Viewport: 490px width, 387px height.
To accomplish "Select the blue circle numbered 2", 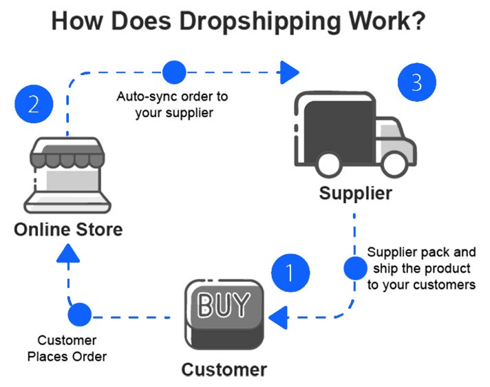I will (x=33, y=105).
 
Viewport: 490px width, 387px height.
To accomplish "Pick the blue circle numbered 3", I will (x=417, y=83).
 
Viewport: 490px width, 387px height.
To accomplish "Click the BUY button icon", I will (x=224, y=313).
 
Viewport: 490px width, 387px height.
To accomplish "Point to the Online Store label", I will (x=68, y=229).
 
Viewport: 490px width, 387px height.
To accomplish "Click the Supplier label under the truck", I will (x=355, y=193).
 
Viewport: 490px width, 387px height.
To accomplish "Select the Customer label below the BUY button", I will (x=224, y=370).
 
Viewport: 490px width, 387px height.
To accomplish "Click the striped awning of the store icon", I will (x=66, y=156).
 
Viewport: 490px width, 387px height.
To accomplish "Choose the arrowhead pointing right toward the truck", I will (x=290, y=70).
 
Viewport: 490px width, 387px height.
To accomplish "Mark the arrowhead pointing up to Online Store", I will (x=67, y=256).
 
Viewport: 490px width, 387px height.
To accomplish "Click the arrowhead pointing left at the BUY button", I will (x=277, y=317).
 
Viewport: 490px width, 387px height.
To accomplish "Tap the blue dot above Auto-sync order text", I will (x=173, y=71).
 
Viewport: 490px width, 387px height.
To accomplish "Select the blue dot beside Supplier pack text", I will (x=355, y=267).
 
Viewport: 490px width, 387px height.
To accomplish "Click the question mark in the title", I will (x=417, y=22).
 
